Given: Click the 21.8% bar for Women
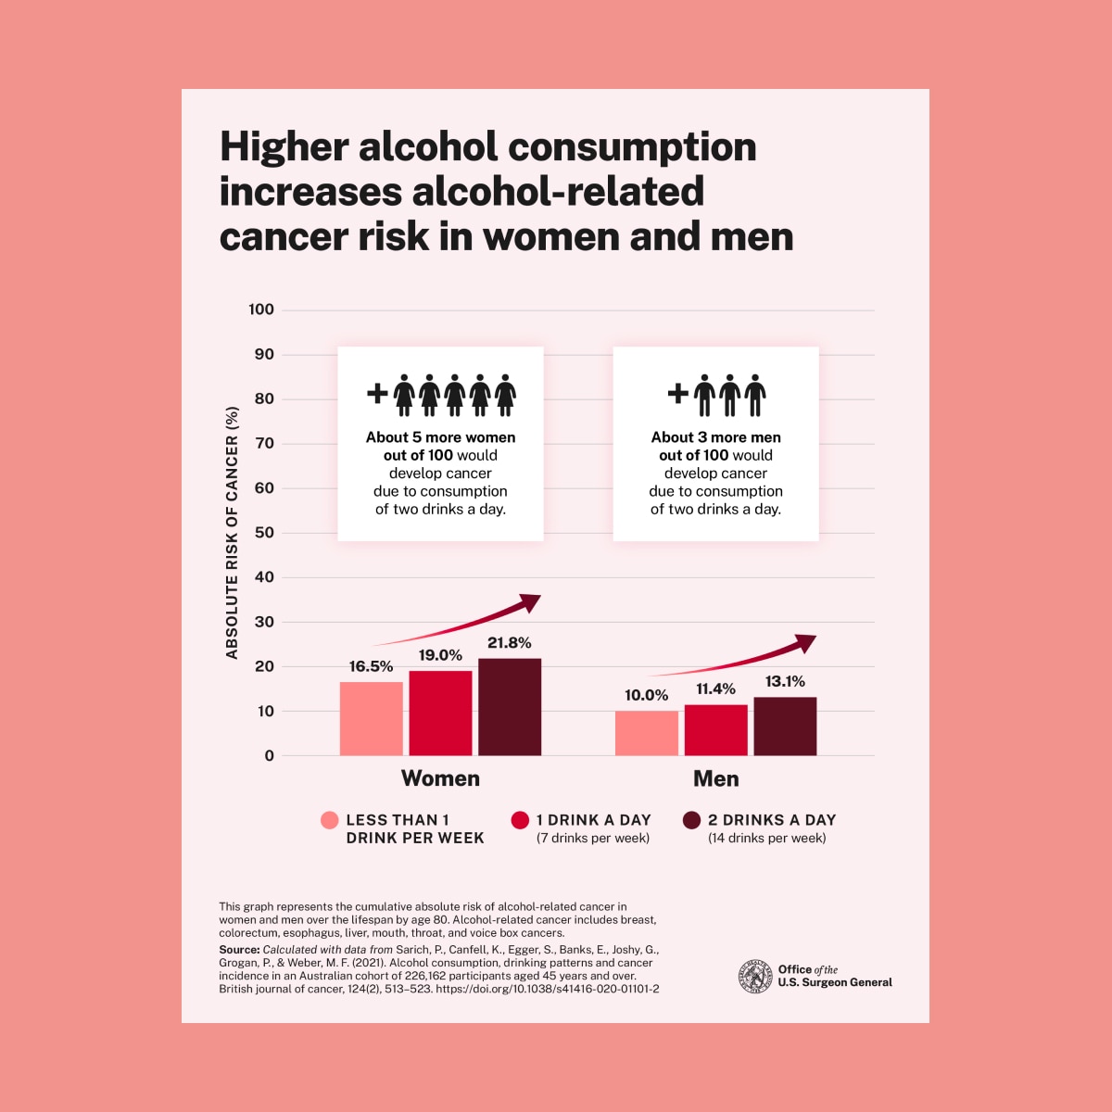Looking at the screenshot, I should pos(510,707).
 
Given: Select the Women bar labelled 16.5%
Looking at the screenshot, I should pos(372,719).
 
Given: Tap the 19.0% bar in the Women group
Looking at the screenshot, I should pos(440,714).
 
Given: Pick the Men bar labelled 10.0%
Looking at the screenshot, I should pos(647,733).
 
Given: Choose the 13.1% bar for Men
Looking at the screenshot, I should pos(785,727).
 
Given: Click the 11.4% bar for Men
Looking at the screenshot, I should pos(716,730).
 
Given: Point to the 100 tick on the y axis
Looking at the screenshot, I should pos(261,310).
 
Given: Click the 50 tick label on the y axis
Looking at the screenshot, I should pos(263,533).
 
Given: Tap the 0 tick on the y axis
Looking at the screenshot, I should pos(269,756).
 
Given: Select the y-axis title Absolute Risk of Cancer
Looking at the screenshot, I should pos(232,533).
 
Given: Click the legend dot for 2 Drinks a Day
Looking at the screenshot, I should pos(691,820).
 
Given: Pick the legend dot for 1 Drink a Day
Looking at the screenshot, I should pos(520,820).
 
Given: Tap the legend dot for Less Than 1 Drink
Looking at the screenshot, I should pos(329,820).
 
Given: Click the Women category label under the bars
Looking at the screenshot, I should pos(440,778).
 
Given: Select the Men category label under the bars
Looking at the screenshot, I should pos(716,778).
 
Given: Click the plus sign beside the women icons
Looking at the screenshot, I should pos(377,393).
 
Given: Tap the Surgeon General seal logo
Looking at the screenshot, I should pos(755,977).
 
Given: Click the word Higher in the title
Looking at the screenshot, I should pos(284,148).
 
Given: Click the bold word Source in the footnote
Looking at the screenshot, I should pos(238,950).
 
